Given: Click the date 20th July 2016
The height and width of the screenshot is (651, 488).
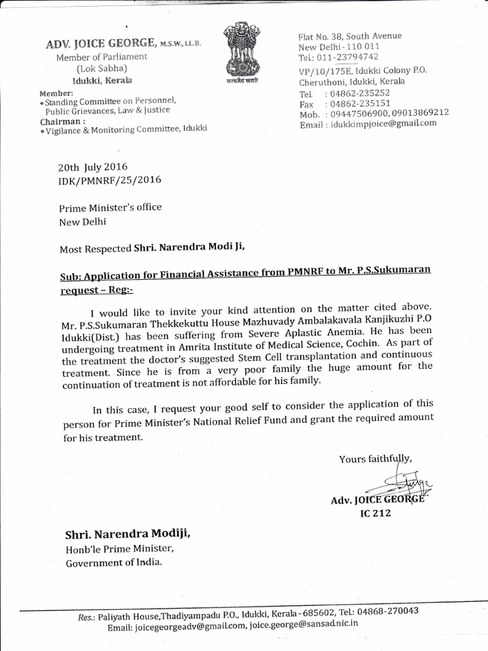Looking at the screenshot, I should coord(93,168).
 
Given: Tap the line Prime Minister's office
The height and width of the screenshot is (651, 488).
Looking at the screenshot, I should coord(110,207).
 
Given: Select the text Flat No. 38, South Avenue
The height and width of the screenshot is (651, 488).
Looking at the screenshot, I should coord(349,36).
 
